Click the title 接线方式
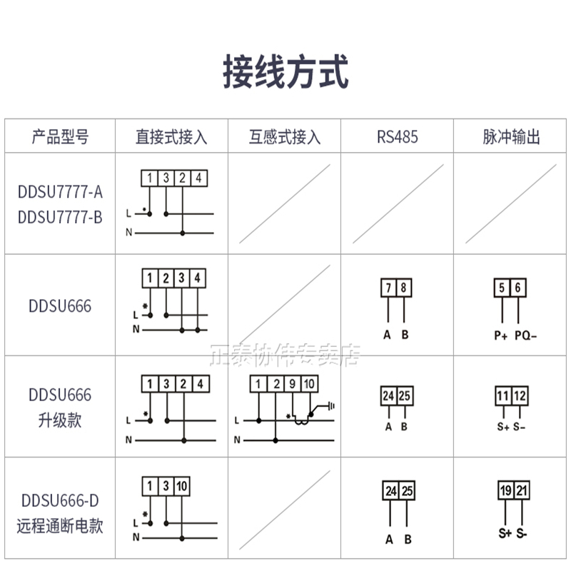tap(285, 73)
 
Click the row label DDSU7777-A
tap(61, 192)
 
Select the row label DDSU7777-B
tap(61, 216)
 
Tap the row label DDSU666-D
tap(61, 502)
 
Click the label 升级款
tap(61, 420)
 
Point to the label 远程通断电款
tap(61, 527)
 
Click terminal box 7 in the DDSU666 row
tap(388, 288)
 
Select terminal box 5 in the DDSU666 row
tap(502, 288)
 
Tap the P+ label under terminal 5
tap(501, 334)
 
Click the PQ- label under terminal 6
tap(525, 334)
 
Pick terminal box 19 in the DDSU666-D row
tap(504, 491)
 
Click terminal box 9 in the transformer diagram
tap(292, 385)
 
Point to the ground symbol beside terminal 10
tap(329, 406)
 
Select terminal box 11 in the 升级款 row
tap(503, 395)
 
